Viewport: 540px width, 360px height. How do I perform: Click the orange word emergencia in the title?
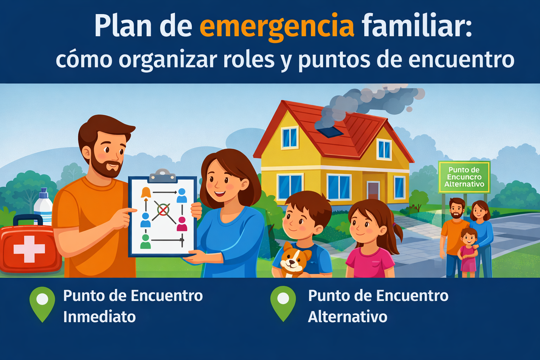277,26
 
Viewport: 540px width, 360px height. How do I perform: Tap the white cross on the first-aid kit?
29,249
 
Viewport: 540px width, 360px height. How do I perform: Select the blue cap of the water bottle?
44,193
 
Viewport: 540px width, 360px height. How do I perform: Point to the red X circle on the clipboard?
163,210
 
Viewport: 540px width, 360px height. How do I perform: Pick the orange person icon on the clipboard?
146,192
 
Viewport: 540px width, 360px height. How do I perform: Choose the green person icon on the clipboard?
145,242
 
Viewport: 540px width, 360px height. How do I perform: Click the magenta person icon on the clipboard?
182,224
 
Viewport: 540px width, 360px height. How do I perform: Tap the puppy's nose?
292,262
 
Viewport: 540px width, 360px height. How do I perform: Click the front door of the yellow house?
373,191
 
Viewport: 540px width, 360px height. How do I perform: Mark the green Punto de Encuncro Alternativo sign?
464,177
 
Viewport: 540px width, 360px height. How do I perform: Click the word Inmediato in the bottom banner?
99,317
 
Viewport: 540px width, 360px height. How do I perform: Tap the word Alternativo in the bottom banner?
348,317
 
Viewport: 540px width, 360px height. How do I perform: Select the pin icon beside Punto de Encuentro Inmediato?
42,304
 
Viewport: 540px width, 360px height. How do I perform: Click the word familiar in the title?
417,26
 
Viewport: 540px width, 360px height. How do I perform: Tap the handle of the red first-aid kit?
28,219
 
